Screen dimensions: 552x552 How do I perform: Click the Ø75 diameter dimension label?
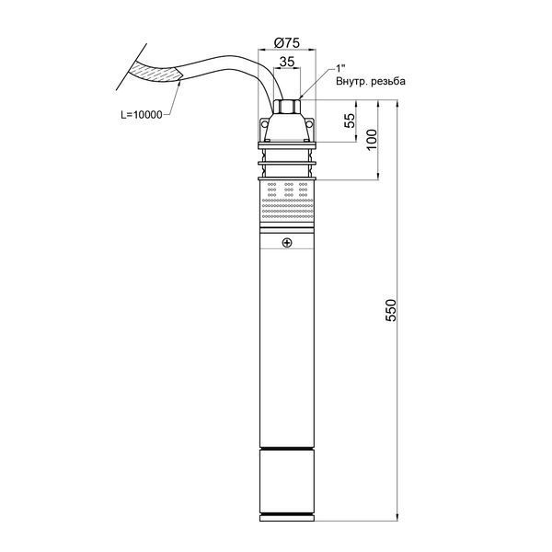(x=287, y=43)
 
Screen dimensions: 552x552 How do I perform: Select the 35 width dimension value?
(x=287, y=62)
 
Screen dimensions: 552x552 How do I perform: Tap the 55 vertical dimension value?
(x=350, y=121)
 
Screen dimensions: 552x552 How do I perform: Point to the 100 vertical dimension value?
(x=372, y=140)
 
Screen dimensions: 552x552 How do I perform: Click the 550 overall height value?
(x=391, y=310)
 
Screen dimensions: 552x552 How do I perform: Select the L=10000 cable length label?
(x=142, y=115)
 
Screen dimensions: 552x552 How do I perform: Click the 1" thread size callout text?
(x=340, y=68)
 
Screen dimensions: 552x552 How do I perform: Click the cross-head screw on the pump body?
(x=287, y=243)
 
